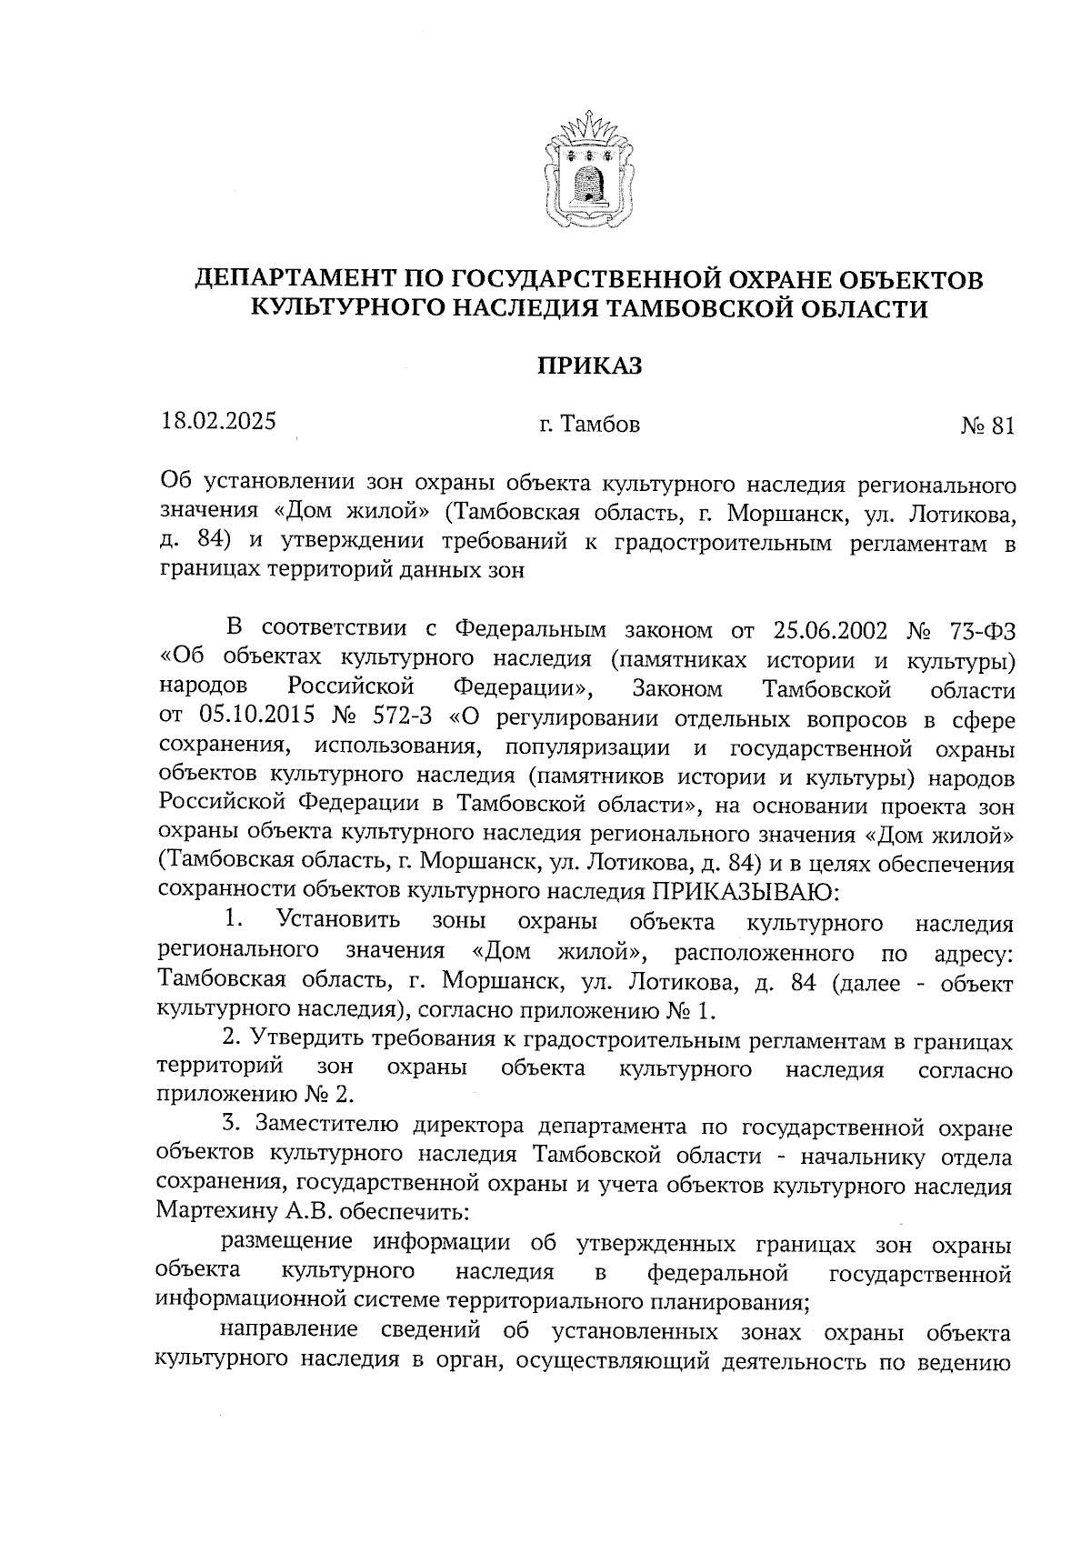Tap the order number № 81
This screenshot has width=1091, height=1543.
point(986,426)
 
